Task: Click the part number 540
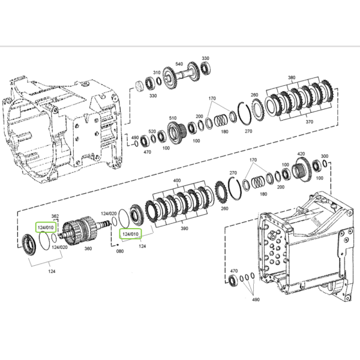point(179,64)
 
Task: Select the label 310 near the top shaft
point(157,73)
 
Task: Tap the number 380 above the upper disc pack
point(292,77)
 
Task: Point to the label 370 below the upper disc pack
point(309,122)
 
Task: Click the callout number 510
point(173,118)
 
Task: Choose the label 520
point(152,131)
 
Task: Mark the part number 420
point(301,154)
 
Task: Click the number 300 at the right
point(325,156)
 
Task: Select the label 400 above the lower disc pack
point(177,181)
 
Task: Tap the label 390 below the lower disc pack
point(184,229)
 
